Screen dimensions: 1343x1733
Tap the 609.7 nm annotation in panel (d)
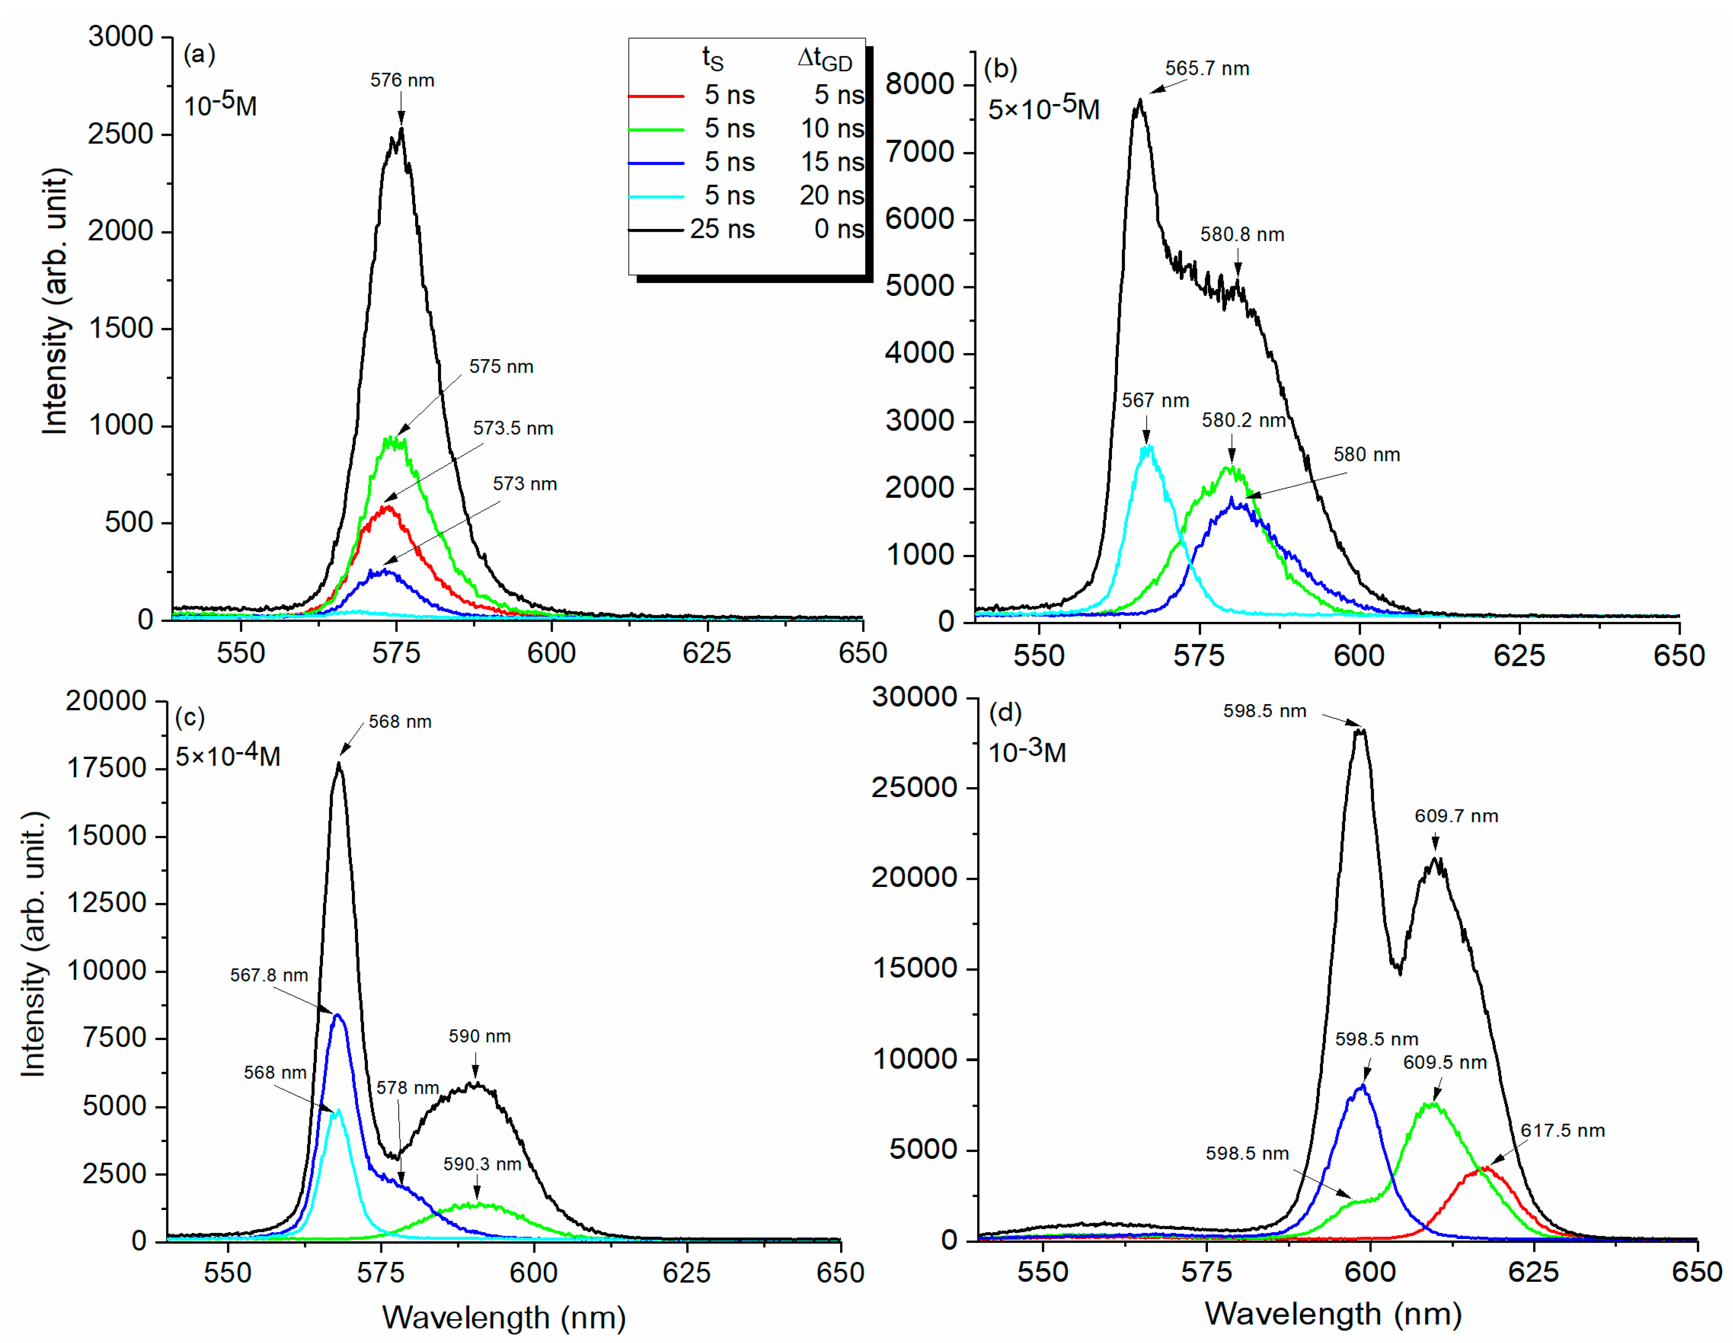[1456, 816]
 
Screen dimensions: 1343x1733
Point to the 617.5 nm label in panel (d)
[1562, 1130]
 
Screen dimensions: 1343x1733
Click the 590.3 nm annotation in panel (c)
[482, 1164]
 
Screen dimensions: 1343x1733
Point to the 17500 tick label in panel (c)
[106, 767]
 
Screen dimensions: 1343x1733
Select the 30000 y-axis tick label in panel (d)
[914, 697]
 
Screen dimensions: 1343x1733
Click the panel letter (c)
[190, 717]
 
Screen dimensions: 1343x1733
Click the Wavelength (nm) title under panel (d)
[1332, 1313]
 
